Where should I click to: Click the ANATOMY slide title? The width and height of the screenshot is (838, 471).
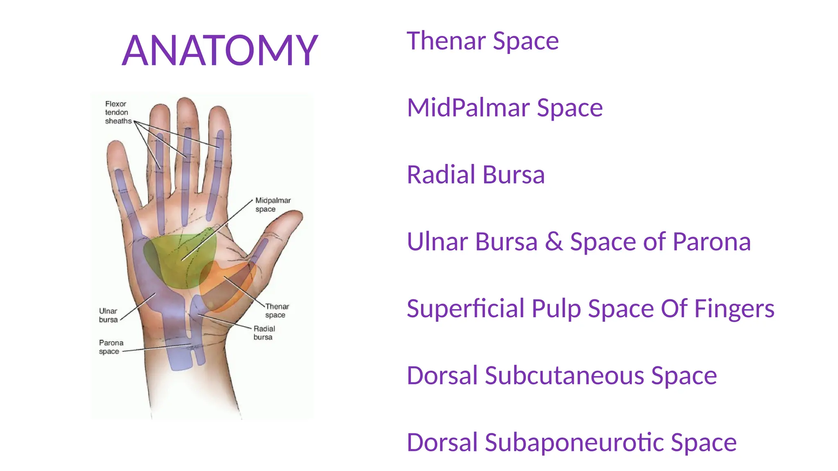(x=220, y=50)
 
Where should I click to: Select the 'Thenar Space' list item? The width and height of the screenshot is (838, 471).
(x=482, y=41)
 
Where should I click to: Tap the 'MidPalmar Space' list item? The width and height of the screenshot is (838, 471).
(x=505, y=108)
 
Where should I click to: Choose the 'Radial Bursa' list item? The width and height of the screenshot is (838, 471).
(x=475, y=175)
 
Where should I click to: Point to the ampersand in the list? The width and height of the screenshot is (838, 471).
(x=553, y=242)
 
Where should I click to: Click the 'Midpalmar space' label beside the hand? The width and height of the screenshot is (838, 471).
(x=273, y=204)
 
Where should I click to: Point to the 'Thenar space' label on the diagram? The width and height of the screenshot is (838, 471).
(x=277, y=310)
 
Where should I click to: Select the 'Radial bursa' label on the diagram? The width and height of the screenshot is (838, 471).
(x=264, y=333)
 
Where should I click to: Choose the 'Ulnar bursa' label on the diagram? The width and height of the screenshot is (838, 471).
(x=108, y=315)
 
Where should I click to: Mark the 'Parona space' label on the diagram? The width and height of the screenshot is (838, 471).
(x=110, y=347)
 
